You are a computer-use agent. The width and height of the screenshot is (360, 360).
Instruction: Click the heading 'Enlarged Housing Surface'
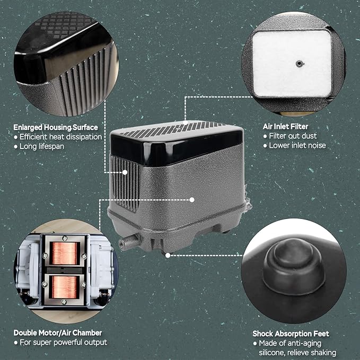[x=56, y=127]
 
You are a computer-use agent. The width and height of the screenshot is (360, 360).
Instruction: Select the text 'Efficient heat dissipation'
[x=60, y=137]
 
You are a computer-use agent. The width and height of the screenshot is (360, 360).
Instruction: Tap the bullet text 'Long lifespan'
[x=42, y=146]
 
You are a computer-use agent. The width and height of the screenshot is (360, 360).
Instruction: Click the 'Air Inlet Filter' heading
[x=285, y=127]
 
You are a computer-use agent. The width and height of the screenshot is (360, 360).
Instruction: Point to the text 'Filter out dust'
[x=293, y=136]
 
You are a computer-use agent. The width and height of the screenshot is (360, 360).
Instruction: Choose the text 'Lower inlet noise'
[x=297, y=145]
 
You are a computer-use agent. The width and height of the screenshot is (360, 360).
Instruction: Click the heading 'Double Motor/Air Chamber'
[x=58, y=332]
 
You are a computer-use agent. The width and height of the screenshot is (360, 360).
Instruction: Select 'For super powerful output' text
[x=64, y=343]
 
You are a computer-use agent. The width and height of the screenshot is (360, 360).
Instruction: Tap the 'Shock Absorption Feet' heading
[x=291, y=333]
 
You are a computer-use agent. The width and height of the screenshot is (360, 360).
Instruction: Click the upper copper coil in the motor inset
[x=65, y=253]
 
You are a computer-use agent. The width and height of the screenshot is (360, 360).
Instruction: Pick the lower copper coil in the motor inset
[x=65, y=287]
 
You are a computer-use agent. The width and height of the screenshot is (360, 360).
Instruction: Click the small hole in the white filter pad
[x=298, y=64]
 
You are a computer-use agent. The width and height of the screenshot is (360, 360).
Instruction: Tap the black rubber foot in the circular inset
[x=294, y=266]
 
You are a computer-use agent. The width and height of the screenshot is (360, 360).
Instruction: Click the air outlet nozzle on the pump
[x=129, y=242]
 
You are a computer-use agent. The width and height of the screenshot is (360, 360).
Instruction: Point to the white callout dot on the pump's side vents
[x=125, y=172]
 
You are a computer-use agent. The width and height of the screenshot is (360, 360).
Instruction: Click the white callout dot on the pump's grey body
[x=192, y=200]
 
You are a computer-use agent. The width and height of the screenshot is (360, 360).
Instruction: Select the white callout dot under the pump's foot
[x=168, y=256]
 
